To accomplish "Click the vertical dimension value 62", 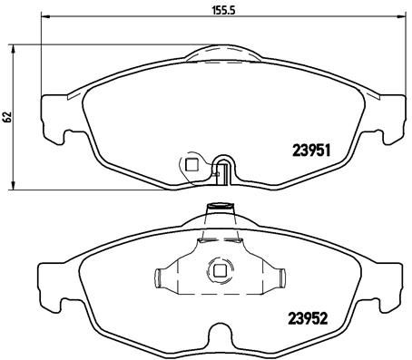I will pos(6,116).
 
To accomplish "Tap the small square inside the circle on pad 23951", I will pos(191,164).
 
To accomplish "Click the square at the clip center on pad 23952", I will pos(218,269).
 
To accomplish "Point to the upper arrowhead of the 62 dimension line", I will pos(14,45).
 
